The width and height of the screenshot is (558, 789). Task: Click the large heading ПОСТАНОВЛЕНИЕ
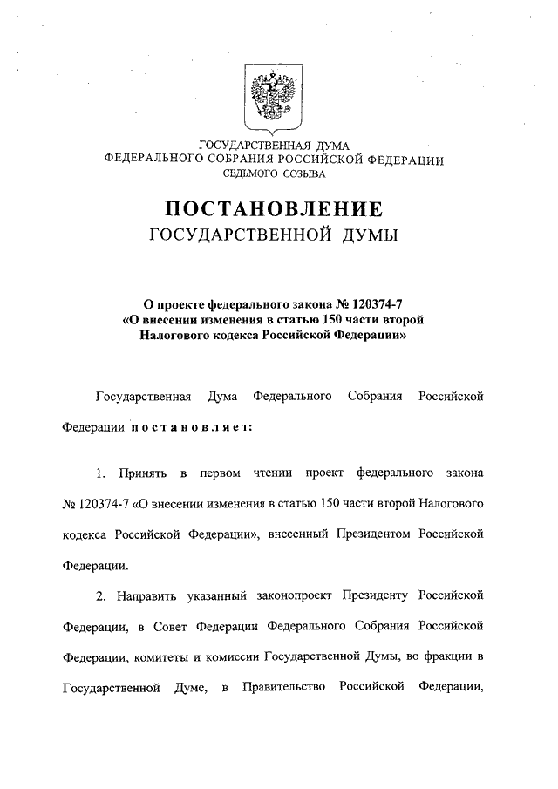(x=274, y=210)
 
